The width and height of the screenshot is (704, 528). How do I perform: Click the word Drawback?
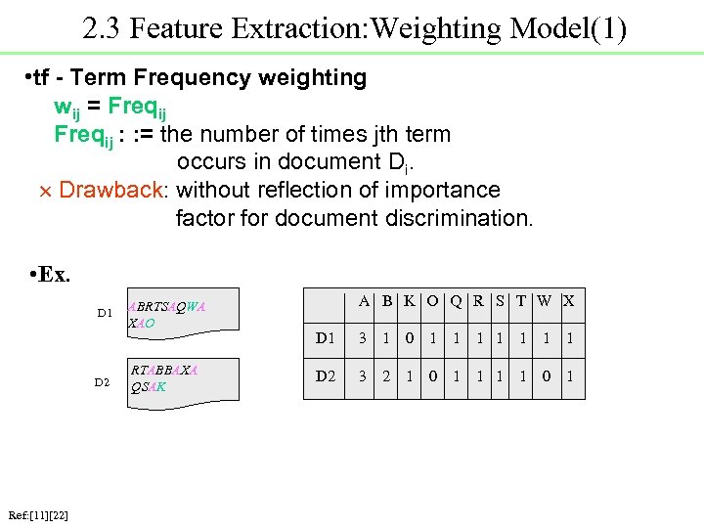[x=110, y=190]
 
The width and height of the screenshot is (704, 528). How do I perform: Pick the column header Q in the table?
[x=456, y=301]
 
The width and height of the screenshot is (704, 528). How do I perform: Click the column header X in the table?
[x=569, y=301]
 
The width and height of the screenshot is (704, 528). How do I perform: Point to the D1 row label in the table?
[x=327, y=338]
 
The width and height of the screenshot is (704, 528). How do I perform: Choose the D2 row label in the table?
[x=327, y=375]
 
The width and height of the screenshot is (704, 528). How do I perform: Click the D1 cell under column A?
[x=363, y=338]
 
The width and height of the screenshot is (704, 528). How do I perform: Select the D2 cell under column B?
[x=386, y=375]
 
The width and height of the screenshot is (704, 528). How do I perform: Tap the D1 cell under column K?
[x=410, y=338]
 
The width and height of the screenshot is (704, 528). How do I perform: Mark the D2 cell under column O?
[x=432, y=375]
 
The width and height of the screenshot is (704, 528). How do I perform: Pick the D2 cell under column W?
[x=546, y=375]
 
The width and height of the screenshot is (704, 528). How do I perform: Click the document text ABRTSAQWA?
[x=167, y=307]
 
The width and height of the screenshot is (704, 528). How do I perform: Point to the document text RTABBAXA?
[x=164, y=371]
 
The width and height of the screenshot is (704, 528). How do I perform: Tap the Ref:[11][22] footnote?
[x=38, y=514]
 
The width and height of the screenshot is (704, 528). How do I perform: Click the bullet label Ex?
[x=51, y=275]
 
